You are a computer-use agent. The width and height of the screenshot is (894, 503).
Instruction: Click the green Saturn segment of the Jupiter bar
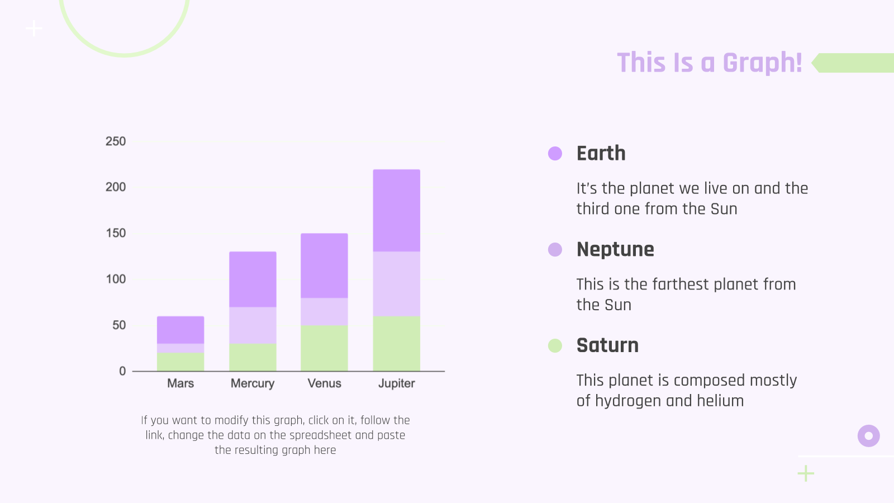[396, 344]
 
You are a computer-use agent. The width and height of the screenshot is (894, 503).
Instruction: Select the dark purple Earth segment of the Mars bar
[180, 330]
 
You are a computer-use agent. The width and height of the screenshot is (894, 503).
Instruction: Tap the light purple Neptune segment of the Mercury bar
[253, 325]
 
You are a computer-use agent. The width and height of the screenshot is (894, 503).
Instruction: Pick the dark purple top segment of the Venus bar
[324, 266]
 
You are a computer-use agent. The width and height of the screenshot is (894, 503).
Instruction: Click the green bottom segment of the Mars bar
[180, 362]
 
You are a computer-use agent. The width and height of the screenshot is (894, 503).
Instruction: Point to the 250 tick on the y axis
[116, 141]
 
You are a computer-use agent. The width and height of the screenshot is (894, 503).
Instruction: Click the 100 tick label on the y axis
[116, 279]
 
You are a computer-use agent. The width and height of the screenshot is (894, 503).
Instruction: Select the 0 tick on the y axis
[122, 371]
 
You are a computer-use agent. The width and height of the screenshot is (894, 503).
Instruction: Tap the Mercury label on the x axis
[253, 383]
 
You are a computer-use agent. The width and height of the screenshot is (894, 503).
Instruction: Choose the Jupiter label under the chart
[396, 383]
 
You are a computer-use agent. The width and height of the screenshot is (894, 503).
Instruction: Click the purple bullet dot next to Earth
[555, 153]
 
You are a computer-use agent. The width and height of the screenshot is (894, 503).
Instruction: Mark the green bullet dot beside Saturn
[555, 346]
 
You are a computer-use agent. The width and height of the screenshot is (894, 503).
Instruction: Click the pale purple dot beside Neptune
[555, 249]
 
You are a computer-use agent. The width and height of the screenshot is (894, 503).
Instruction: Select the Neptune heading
[615, 250]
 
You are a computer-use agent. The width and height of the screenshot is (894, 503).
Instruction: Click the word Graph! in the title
[762, 63]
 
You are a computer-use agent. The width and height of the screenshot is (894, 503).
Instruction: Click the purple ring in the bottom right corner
[868, 436]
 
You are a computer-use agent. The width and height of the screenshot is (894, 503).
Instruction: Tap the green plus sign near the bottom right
[806, 473]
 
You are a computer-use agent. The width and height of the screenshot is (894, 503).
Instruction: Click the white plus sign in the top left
[34, 29]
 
